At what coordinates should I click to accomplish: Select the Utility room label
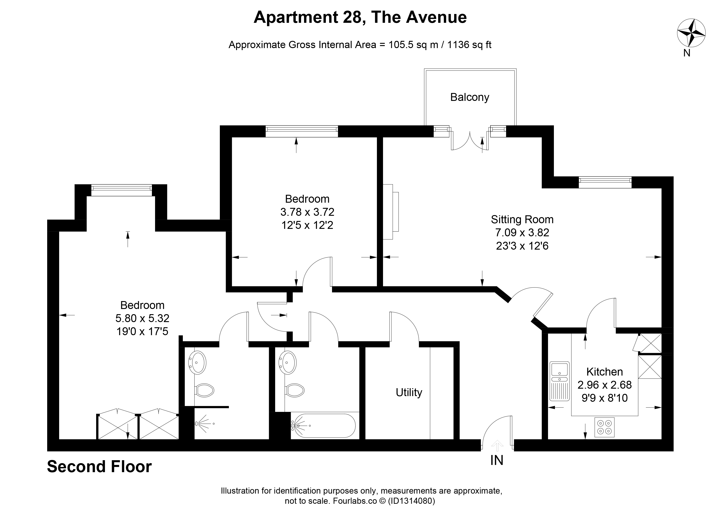[409, 392]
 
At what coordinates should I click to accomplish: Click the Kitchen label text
[604, 371]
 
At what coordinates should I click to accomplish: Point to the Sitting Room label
[522, 219]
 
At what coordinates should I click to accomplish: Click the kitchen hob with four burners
[604, 427]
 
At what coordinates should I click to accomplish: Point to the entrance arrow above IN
[497, 445]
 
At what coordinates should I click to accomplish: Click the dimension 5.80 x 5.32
[143, 318]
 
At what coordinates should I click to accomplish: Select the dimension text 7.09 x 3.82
[522, 233]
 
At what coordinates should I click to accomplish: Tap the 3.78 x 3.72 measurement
[307, 212]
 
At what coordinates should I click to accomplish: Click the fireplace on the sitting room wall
[391, 212]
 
